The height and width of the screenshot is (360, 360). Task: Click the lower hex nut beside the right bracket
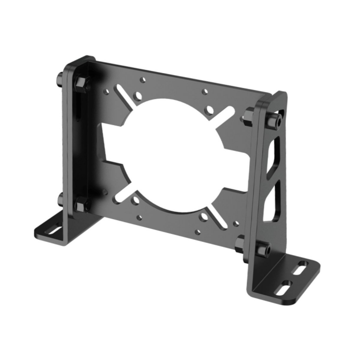(240, 242)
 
